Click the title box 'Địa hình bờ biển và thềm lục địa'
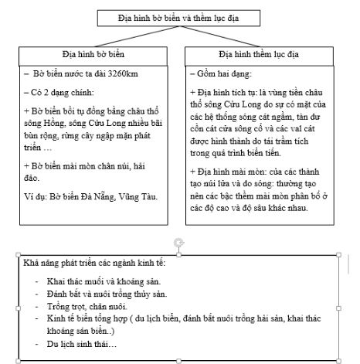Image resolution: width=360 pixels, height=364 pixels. (x=180, y=16)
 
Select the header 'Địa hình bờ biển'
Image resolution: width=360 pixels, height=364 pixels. (x=93, y=56)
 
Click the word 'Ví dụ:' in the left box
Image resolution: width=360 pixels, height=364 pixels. (x=36, y=197)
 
